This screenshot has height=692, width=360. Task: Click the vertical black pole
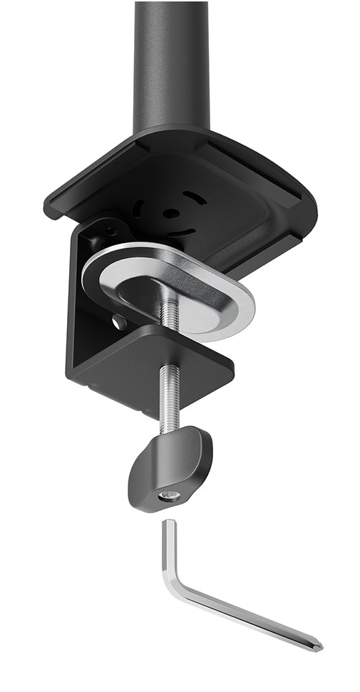coord(171,64)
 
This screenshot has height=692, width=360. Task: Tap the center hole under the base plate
coord(170,212)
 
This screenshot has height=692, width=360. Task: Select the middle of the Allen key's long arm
coord(246,616)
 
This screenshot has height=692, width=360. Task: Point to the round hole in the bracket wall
coord(118,323)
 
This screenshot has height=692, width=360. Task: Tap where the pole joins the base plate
coord(171,132)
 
